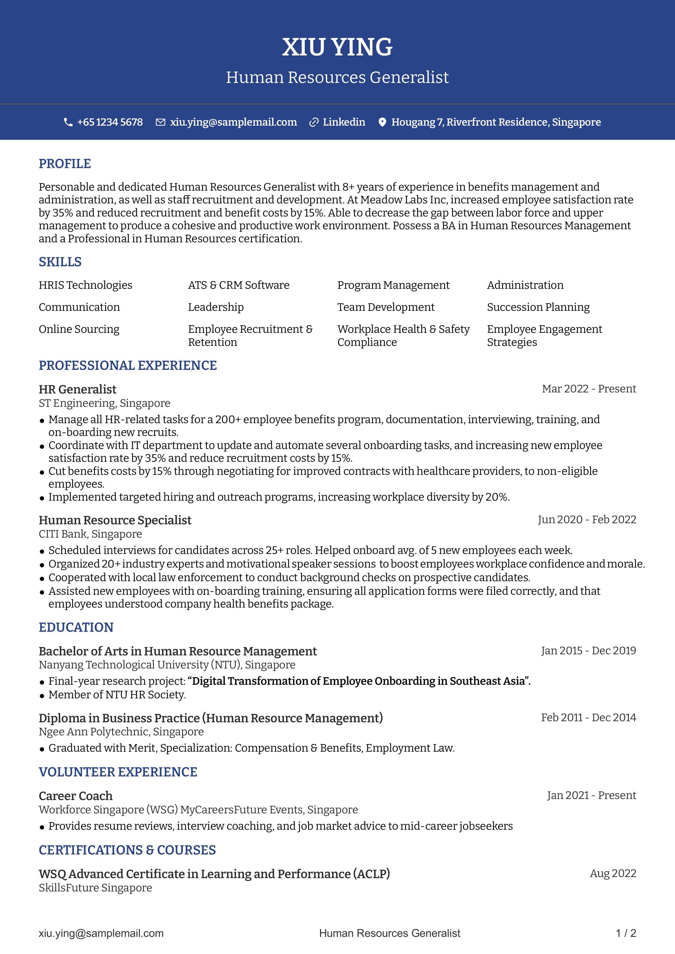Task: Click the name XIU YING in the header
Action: [x=337, y=47]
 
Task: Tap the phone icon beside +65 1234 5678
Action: [x=68, y=122]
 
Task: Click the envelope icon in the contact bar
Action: [x=160, y=122]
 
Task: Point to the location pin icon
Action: [x=382, y=122]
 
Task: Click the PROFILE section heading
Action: [x=64, y=164]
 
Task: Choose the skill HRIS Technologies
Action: [x=85, y=285]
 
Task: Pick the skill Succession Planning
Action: [x=538, y=307]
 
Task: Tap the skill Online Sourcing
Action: [x=79, y=329]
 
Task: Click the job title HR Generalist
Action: [x=77, y=389]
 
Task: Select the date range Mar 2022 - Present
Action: [x=588, y=389]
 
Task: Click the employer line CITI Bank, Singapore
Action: [x=90, y=534]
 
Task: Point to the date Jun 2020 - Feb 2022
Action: [x=587, y=520]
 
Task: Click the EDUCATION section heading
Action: [x=76, y=627]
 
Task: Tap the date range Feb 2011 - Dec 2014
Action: [x=588, y=718]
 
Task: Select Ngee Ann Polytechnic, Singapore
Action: [x=121, y=732]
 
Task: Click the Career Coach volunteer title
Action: [x=76, y=796]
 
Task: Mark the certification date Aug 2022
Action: [x=613, y=874]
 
